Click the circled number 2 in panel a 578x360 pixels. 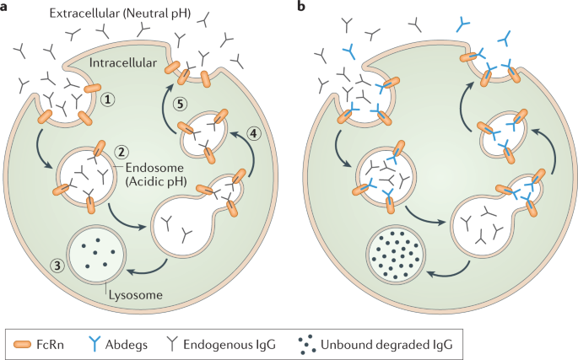(x=122, y=153)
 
